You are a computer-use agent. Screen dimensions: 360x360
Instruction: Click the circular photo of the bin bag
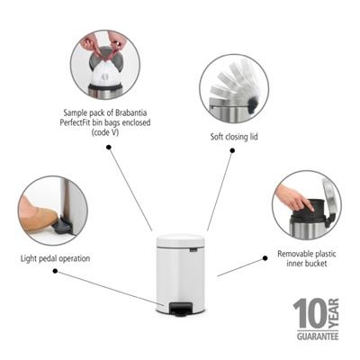[105, 64]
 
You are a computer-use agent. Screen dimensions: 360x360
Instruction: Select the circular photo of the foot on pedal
[52, 211]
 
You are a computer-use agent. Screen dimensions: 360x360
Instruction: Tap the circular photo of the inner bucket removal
[306, 204]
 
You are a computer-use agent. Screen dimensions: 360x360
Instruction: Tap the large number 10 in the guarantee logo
[305, 315]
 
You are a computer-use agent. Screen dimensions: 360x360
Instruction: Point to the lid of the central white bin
[180, 238]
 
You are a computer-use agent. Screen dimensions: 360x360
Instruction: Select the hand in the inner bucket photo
[290, 197]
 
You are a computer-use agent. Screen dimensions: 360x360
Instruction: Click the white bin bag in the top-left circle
[104, 70]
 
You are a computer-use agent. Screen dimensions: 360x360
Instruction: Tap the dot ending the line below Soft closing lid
[231, 152]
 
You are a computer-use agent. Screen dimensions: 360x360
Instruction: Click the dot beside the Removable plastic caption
[265, 257]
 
